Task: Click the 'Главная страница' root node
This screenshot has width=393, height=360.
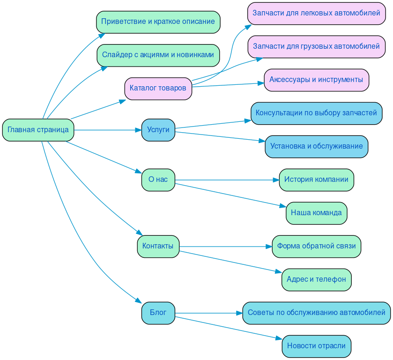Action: (x=38, y=130)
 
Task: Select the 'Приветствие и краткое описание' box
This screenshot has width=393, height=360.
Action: (x=158, y=22)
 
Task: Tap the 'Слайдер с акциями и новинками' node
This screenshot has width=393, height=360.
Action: (x=158, y=55)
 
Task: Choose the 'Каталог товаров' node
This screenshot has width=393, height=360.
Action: (x=158, y=89)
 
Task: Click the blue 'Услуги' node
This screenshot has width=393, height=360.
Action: (x=158, y=130)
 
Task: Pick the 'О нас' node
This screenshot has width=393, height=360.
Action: (x=158, y=180)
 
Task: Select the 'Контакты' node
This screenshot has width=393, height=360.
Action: (x=158, y=246)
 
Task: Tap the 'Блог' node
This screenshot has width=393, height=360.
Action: (x=158, y=313)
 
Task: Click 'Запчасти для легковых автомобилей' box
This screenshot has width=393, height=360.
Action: (x=316, y=13)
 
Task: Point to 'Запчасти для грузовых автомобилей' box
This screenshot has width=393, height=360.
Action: (x=316, y=46)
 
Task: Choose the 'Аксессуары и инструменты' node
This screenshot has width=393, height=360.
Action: (x=316, y=80)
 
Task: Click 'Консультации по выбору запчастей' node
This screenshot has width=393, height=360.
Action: (x=316, y=113)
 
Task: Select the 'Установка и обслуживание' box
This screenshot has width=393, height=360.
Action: (x=316, y=146)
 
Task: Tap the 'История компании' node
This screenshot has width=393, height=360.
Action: (x=316, y=180)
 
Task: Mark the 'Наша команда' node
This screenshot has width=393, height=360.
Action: (x=316, y=213)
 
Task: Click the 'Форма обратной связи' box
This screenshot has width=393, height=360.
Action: (x=316, y=246)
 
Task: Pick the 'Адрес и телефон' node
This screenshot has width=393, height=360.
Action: (x=316, y=279)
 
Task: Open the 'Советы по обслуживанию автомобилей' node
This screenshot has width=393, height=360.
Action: (x=316, y=313)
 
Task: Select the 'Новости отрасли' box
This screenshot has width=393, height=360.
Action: (x=316, y=346)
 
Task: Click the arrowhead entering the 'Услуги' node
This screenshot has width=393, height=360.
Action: (x=138, y=130)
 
